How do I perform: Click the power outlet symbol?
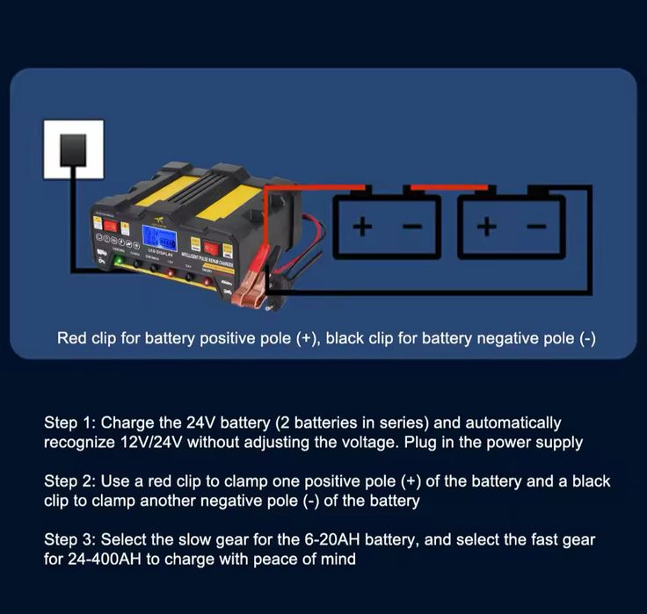[x=74, y=150]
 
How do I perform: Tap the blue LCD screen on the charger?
[x=159, y=239]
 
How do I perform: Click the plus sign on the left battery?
[x=362, y=227]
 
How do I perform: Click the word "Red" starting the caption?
[x=72, y=338]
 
